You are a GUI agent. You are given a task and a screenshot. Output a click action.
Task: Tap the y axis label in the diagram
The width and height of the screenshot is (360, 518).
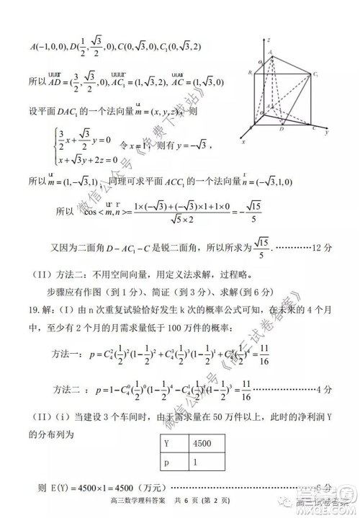[327, 133]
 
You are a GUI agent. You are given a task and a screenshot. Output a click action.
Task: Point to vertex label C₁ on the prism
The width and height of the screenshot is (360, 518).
[315, 73]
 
